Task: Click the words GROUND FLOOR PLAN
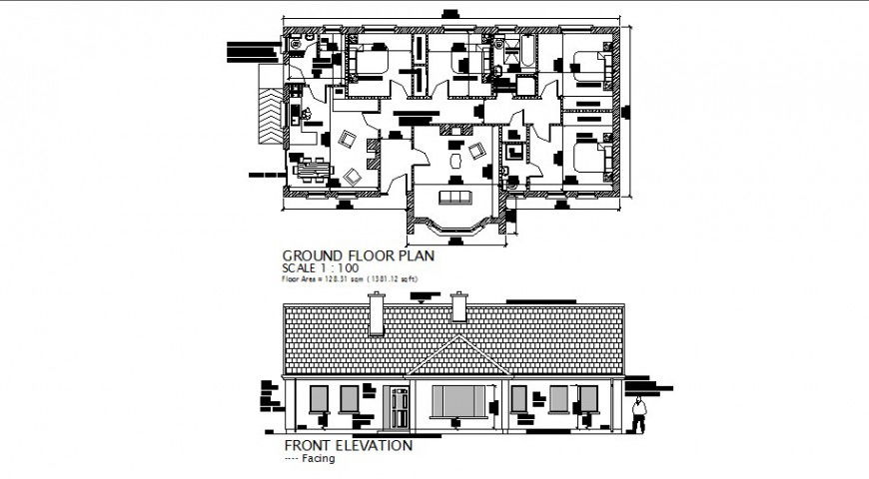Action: (x=359, y=254)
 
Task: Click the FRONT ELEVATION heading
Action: (x=348, y=445)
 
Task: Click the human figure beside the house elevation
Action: (x=638, y=415)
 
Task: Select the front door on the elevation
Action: (x=400, y=409)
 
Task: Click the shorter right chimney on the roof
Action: (x=459, y=307)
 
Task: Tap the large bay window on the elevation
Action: (x=458, y=402)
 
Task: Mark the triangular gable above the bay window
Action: (x=459, y=359)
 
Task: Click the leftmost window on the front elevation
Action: (x=319, y=399)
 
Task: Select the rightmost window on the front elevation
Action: (x=588, y=399)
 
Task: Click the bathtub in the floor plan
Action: (x=521, y=51)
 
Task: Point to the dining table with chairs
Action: (x=309, y=170)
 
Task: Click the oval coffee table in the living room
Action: (x=458, y=159)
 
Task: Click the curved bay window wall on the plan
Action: (x=458, y=227)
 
